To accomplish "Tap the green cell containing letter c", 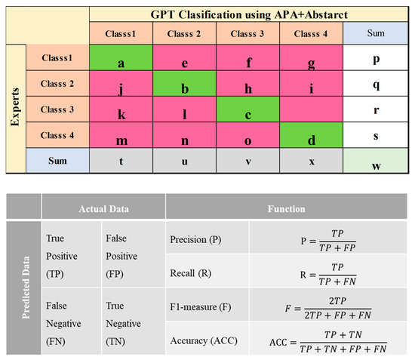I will coord(247,111).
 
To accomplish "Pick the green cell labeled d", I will coord(311,137).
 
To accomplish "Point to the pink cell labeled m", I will coord(121,137).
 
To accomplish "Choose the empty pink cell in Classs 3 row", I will coord(311,111).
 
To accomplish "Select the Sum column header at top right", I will coord(375,34).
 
